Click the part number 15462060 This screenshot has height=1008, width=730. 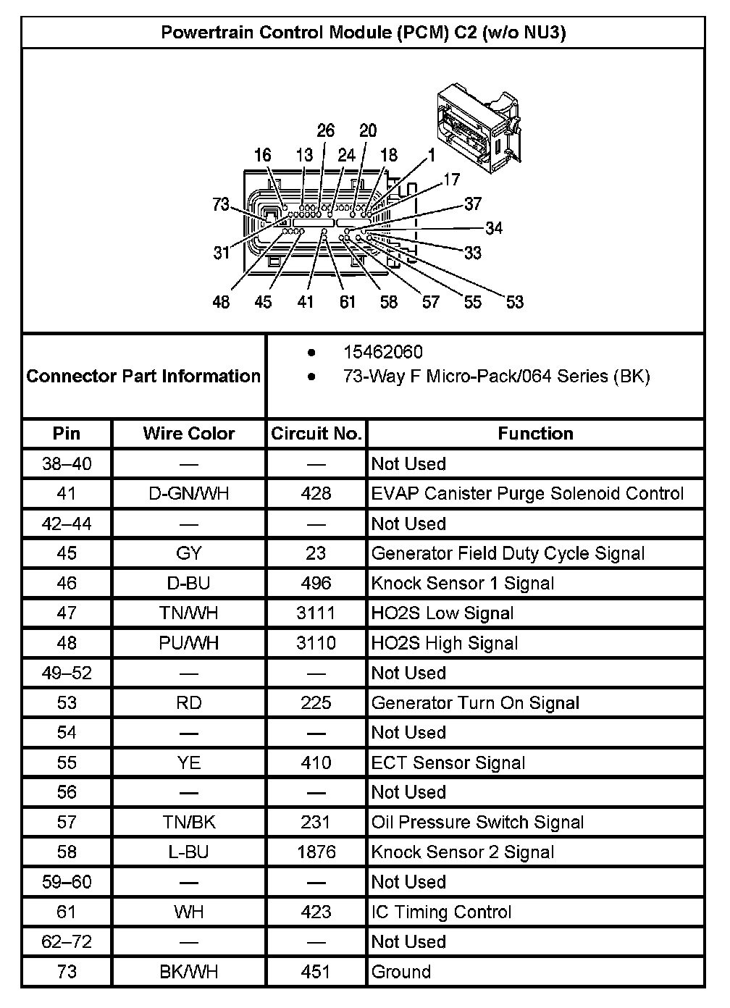pos(382,353)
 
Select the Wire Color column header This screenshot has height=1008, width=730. pos(189,434)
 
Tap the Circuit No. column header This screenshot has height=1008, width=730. pos(316,434)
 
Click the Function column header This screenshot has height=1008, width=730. pos(535,434)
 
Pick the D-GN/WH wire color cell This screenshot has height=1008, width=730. pos(189,494)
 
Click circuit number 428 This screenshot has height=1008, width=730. pos(316,494)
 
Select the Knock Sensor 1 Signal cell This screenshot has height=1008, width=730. pos(463,584)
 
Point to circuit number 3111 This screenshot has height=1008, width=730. pos(316,613)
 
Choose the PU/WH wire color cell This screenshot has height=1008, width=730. pos(189,643)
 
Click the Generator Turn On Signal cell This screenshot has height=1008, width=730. pos(475,703)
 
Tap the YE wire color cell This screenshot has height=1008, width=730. pos(189,763)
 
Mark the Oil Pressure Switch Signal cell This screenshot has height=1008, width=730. pos(477,823)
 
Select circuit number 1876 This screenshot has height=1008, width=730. pos(316,852)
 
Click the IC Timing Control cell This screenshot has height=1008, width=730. pos(441,912)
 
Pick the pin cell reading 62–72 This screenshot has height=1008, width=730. pos(67,942)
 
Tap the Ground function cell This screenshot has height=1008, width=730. pos(401,972)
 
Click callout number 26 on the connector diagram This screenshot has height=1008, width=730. pos(326,130)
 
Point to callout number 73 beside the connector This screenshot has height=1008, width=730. pos(221,204)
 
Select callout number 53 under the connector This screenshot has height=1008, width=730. pos(514,302)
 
